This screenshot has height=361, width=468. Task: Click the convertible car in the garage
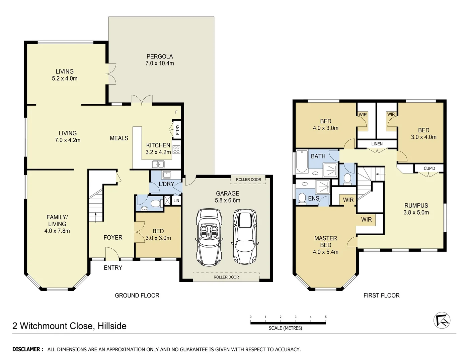tap(209, 237)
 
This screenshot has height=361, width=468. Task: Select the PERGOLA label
tap(160, 56)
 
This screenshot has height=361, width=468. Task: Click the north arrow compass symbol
tap(442, 320)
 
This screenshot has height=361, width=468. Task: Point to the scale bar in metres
tap(288, 323)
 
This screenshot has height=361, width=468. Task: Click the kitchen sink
tap(158, 164)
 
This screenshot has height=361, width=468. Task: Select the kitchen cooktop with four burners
tap(176, 150)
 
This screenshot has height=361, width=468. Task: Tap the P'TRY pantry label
tap(177, 129)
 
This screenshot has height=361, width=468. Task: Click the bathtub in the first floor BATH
tap(302, 162)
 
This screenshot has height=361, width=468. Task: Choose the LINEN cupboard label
tap(377, 144)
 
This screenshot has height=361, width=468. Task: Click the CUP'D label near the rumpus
tap(429, 168)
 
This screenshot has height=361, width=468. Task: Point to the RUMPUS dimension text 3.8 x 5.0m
tap(416, 212)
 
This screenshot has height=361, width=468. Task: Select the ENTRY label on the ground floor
tap(113, 267)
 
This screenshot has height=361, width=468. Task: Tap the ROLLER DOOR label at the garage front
tap(226, 277)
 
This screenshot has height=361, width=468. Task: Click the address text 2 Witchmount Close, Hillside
tap(69, 326)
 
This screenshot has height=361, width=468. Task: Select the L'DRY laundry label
tap(166, 184)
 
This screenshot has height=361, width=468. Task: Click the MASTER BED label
tap(325, 241)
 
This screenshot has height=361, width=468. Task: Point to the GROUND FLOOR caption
tap(137, 295)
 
